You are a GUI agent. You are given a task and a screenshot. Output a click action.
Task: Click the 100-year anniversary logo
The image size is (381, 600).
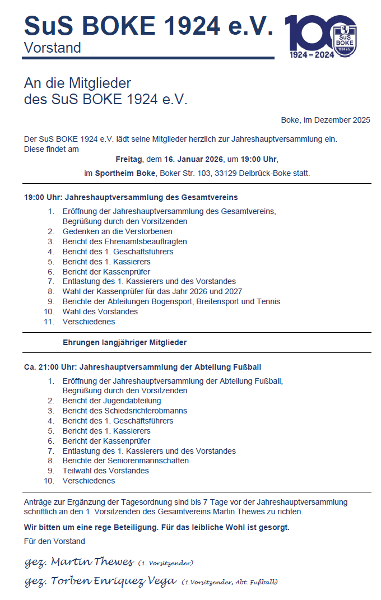[x=320, y=36]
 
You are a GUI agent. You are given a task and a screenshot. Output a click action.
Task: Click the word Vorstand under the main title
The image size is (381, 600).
[x=52, y=48]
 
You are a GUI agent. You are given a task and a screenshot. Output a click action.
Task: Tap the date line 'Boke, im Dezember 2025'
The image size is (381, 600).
[x=326, y=120]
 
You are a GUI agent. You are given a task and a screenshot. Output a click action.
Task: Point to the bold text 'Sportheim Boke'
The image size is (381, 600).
[x=126, y=174]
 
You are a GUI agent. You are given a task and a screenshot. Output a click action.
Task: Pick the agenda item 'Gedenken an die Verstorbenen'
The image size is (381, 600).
[x=117, y=231]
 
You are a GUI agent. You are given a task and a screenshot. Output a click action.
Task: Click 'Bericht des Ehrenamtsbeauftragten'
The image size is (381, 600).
[x=124, y=241]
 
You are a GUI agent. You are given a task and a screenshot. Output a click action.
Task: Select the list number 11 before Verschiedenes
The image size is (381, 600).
[x=49, y=322]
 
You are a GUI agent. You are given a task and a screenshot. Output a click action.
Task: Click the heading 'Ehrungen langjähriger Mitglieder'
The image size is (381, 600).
[x=124, y=342]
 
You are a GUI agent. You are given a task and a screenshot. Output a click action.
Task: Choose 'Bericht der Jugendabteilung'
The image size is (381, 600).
[x=111, y=401]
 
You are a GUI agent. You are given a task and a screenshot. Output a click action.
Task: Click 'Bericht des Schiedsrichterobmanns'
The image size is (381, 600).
[x=124, y=411]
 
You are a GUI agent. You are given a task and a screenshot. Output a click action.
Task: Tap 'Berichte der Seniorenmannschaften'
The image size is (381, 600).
[x=126, y=461]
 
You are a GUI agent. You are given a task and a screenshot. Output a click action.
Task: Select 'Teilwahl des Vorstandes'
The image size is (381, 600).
[x=105, y=471]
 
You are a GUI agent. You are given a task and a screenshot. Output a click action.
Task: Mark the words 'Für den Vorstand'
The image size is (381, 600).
[x=54, y=541]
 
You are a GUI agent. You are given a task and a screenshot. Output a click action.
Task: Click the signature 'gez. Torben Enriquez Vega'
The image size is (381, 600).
[x=100, y=581]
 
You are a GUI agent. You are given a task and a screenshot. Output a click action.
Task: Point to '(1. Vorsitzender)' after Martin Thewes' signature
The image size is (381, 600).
[x=166, y=562]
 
